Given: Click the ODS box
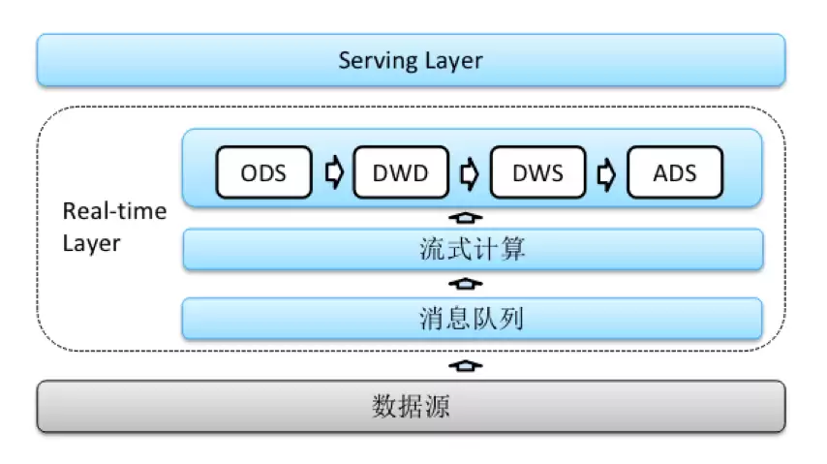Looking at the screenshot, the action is pos(263,172).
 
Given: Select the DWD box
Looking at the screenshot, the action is pos(401,172).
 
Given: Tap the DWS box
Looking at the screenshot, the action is pos(538,172).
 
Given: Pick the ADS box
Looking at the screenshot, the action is pos(675,172).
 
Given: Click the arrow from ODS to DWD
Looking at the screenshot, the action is pos(334,172).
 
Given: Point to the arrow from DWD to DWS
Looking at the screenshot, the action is pos(470,172).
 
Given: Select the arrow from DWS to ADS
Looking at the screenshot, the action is pos(606,173).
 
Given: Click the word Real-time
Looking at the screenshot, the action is pos(114,211).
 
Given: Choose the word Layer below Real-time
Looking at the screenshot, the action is pos(91,244).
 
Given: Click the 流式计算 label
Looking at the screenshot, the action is pos(472,249).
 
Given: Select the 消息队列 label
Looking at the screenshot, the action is pos(472,319).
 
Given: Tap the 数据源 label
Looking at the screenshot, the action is pos(411,406).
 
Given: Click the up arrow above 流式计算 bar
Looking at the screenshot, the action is pos(465,217).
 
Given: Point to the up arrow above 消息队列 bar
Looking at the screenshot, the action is pos(465,284).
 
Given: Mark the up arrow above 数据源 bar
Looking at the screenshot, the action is pos(465,365).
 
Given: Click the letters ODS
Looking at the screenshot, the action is pos(263,173).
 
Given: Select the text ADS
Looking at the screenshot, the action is pos(675,173).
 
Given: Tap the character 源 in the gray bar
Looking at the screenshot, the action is pos(438,406).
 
